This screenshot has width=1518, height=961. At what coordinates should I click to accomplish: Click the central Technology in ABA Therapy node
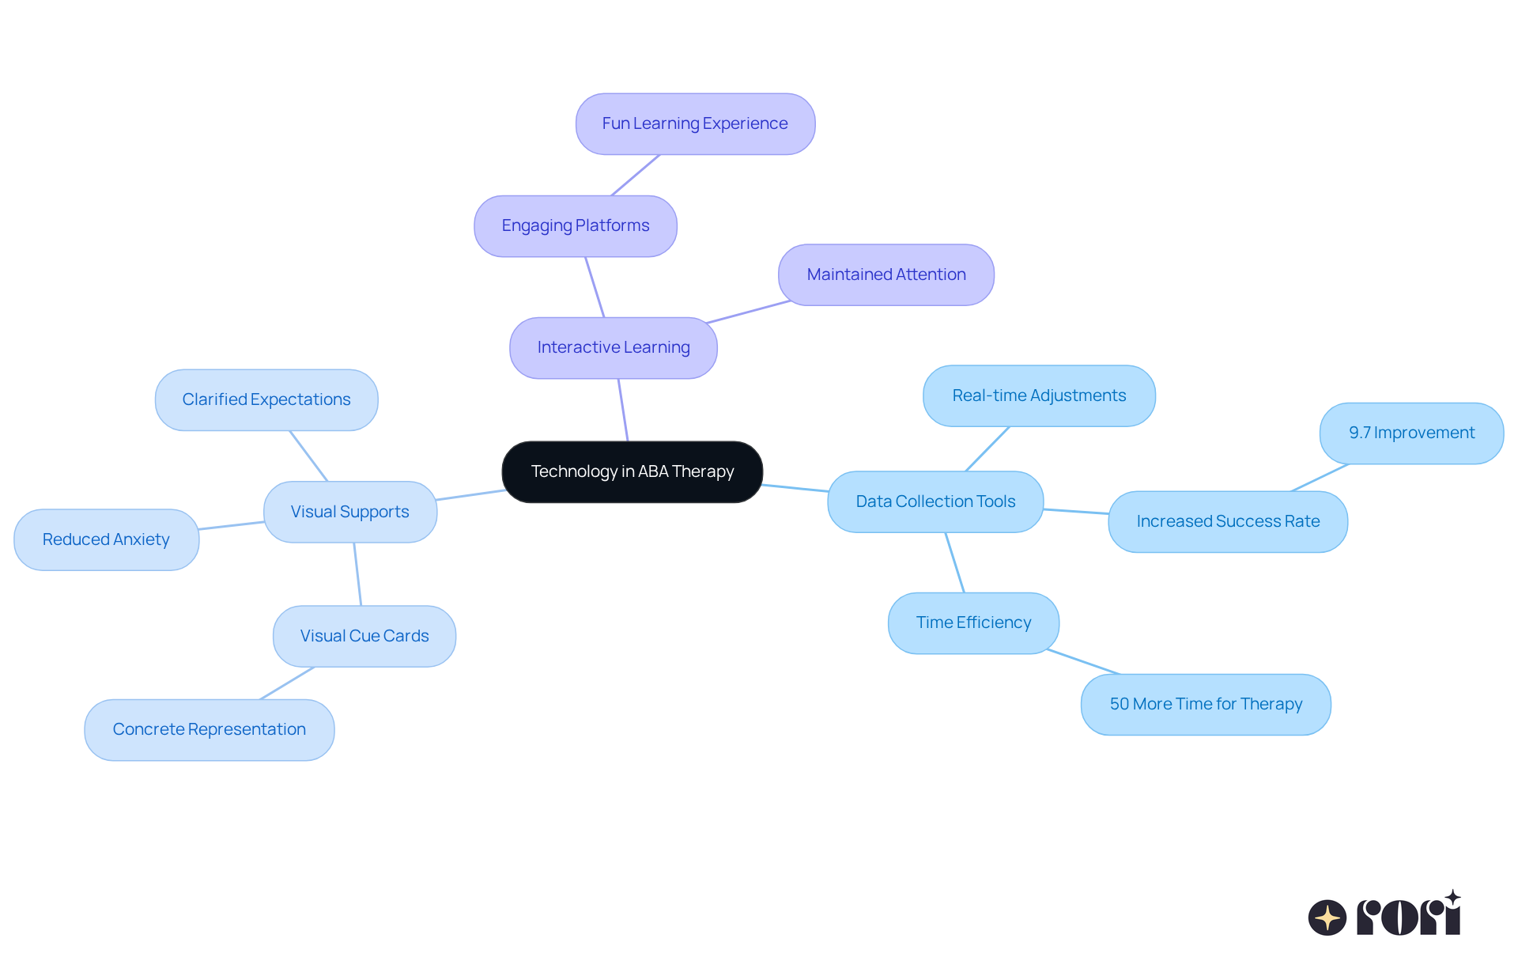[x=632, y=471]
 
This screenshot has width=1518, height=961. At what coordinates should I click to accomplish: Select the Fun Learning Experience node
[x=695, y=123]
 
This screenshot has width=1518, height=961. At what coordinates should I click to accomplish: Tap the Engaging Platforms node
[x=575, y=225]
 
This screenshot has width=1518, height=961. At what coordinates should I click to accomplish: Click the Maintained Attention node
[x=885, y=274]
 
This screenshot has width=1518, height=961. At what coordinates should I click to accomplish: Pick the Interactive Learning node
[x=613, y=347]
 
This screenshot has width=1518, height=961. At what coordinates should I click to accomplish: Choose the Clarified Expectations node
[x=266, y=399]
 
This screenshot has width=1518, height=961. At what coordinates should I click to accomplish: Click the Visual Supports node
[x=349, y=512]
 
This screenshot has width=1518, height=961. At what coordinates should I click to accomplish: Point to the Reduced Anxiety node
[x=106, y=539]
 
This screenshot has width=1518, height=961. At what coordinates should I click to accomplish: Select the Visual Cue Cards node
[x=364, y=636]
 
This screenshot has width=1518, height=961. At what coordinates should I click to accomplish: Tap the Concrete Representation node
[x=209, y=729]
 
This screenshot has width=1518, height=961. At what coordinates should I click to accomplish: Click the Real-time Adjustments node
[x=1038, y=395]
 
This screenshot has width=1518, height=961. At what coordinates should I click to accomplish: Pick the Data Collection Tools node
[x=935, y=501]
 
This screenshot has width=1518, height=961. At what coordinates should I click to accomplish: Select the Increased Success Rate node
[x=1227, y=521]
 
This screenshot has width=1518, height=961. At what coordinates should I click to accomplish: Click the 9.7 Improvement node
[x=1411, y=433]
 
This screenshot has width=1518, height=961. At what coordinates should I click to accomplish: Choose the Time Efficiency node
[x=973, y=622]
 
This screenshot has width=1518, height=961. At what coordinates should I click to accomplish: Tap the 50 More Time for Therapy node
[x=1205, y=704]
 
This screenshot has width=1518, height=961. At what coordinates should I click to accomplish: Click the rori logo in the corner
[x=1384, y=915]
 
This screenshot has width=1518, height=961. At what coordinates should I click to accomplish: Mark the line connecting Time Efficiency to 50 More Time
[x=1083, y=662]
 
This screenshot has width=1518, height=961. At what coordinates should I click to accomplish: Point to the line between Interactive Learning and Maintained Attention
[x=748, y=312]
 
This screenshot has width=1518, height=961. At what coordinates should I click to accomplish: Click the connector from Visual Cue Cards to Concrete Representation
[x=287, y=683]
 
